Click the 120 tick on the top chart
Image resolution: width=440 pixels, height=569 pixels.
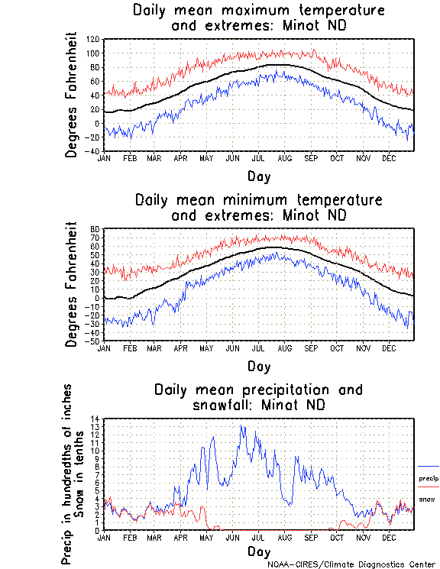pyautogui.click(x=93, y=39)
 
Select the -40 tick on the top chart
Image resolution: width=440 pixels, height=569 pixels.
pyautogui.click(x=93, y=151)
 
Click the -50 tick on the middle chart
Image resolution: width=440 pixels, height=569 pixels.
pyautogui.click(x=93, y=341)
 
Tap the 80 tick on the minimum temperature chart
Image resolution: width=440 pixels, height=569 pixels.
pyautogui.click(x=95, y=229)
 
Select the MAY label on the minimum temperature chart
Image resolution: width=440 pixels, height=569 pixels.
pyautogui.click(x=206, y=348)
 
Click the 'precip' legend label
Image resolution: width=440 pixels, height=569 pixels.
pyautogui.click(x=429, y=479)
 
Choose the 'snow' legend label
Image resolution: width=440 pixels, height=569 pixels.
pyautogui.click(x=426, y=499)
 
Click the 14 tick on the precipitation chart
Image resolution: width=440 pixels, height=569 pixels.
pyautogui.click(x=95, y=419)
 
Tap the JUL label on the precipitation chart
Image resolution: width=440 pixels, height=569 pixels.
pyautogui.click(x=258, y=537)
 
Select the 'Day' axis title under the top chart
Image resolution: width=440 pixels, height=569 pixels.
pyautogui.click(x=258, y=176)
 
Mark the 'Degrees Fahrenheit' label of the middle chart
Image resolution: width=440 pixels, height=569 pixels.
pyautogui.click(x=72, y=284)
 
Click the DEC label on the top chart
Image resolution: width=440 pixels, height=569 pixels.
pyautogui.click(x=388, y=158)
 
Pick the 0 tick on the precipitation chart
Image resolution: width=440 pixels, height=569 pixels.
pyautogui.click(x=97, y=530)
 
